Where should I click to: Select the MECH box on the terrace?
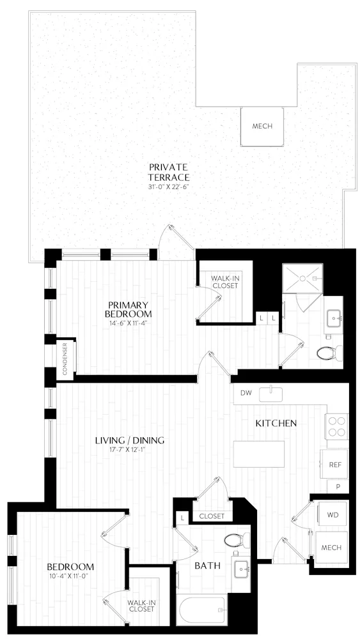click(x=262, y=126)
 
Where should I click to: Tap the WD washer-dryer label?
click(x=333, y=514)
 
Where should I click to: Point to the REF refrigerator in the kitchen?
click(x=334, y=465)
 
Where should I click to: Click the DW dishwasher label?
click(x=246, y=393)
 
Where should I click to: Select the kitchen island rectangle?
click(x=259, y=454)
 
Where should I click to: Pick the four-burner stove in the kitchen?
click(x=336, y=426)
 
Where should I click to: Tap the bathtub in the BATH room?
click(x=202, y=610)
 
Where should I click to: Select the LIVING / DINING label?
click(x=129, y=440)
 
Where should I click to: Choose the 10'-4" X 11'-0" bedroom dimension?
click(x=70, y=577)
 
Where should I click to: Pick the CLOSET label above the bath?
click(x=211, y=516)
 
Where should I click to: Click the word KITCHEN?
click(x=276, y=423)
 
